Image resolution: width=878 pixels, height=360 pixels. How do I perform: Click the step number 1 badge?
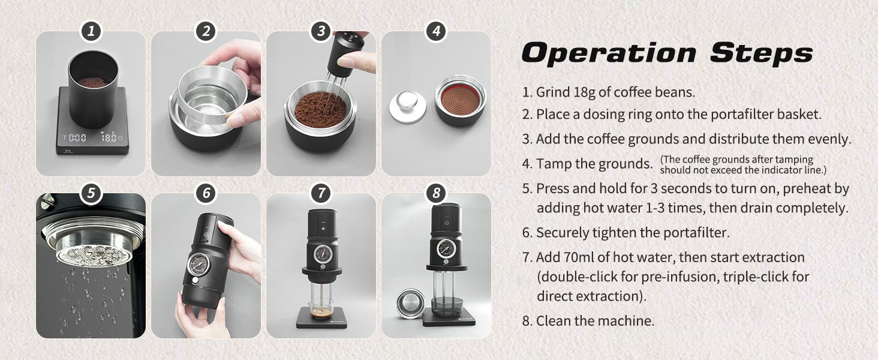tap(91, 31)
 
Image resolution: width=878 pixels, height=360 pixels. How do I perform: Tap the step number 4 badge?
tap(436, 31)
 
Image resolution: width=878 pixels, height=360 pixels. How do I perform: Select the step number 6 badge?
tap(206, 193)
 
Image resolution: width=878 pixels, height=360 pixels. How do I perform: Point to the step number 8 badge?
tap(436, 193)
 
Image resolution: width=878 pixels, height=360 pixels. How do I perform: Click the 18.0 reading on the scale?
tap(109, 137)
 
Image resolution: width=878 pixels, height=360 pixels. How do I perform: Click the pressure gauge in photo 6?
tap(199, 264)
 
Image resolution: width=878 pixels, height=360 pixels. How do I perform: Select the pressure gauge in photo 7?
tap(323, 254)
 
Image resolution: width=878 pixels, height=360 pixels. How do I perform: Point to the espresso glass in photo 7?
tap(321, 308)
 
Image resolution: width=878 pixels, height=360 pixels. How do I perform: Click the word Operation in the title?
tap(609, 53)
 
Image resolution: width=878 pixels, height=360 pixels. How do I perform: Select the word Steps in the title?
tap(761, 53)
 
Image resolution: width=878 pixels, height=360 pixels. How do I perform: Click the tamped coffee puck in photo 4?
tap(460, 100)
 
